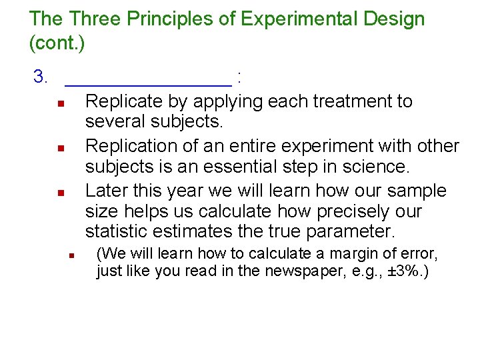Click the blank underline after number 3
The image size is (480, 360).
coord(149,84)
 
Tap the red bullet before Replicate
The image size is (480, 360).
coord(59,104)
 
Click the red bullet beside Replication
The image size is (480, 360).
coord(59,148)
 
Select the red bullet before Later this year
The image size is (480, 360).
coord(59,193)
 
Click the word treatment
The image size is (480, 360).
coord(349,101)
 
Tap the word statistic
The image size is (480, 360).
coord(117,232)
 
